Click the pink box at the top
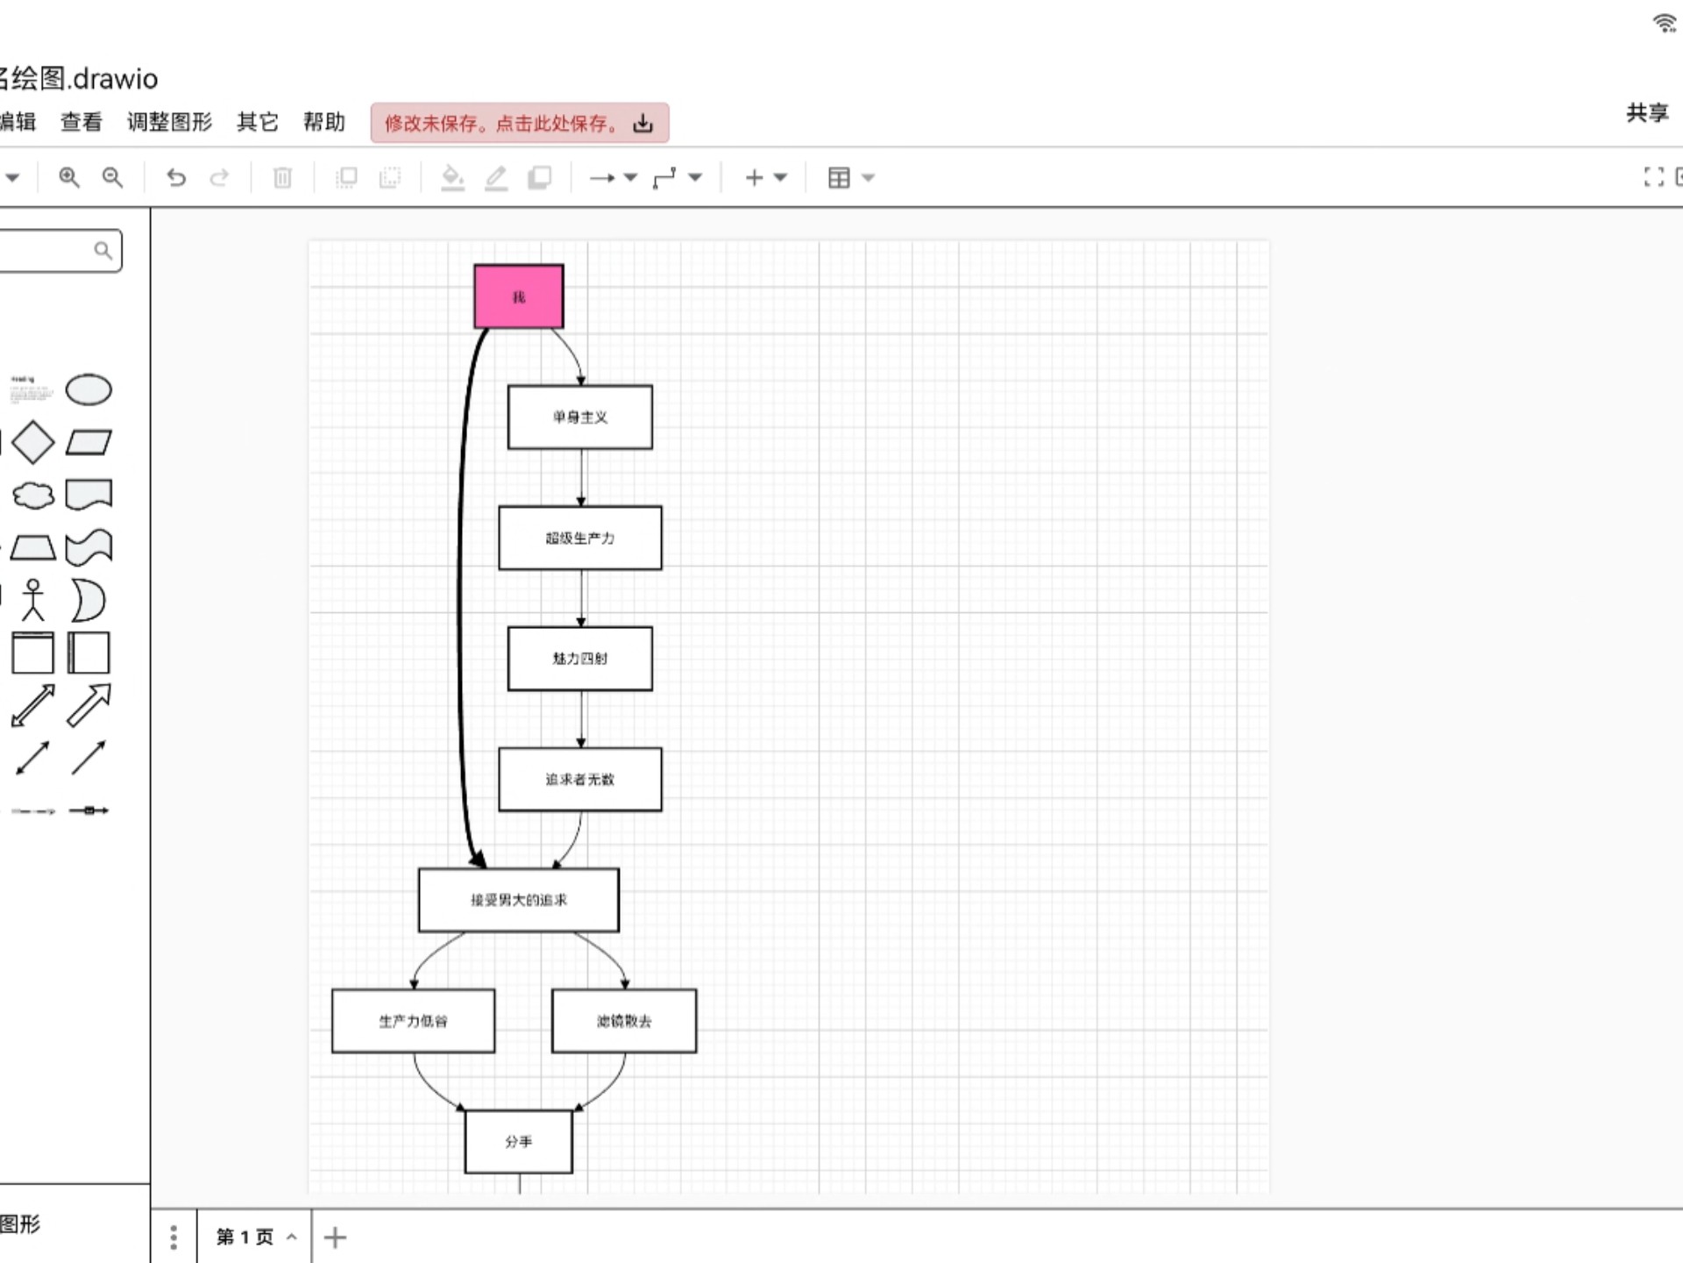click(518, 296)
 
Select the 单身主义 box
click(579, 417)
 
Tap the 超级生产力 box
click(579, 538)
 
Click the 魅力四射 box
click(579, 658)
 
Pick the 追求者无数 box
click(579, 779)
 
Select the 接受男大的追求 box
click(518, 900)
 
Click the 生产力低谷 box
click(413, 1021)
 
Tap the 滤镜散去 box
click(623, 1021)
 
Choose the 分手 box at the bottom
click(518, 1141)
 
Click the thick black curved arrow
click(459, 596)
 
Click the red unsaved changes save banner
click(519, 123)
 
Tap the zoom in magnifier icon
click(68, 177)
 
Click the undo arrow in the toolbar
click(176, 177)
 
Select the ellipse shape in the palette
click(89, 389)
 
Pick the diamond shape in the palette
click(33, 442)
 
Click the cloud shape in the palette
click(33, 495)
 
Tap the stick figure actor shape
click(33, 600)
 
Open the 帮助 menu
click(323, 122)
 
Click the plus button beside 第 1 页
click(335, 1237)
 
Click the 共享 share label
click(1647, 112)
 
